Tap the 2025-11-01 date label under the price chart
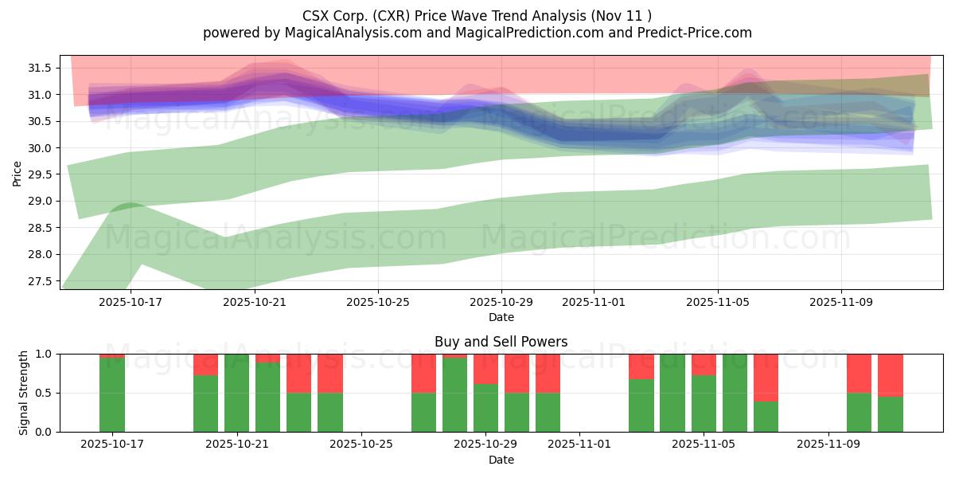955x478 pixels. point(594,303)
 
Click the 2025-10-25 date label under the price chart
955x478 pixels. point(378,303)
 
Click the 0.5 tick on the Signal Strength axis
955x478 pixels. point(45,393)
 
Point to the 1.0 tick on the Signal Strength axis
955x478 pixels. point(45,354)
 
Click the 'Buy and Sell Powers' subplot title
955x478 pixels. point(501,342)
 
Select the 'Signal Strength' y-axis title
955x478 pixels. point(24,393)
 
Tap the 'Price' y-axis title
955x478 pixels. point(18,172)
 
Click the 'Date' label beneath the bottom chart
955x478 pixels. point(501,460)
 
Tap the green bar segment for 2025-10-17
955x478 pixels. point(112,395)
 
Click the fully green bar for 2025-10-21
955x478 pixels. point(236,393)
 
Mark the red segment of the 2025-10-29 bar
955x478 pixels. point(485,369)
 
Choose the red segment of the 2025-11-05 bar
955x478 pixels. point(704,364)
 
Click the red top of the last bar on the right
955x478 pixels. point(891,375)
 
